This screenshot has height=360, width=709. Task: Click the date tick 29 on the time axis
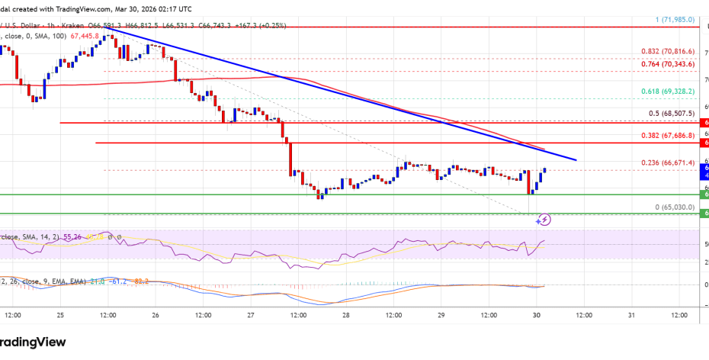(x=441, y=314)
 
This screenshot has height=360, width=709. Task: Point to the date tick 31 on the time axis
(x=631, y=314)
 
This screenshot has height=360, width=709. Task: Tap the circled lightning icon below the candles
(x=544, y=220)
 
